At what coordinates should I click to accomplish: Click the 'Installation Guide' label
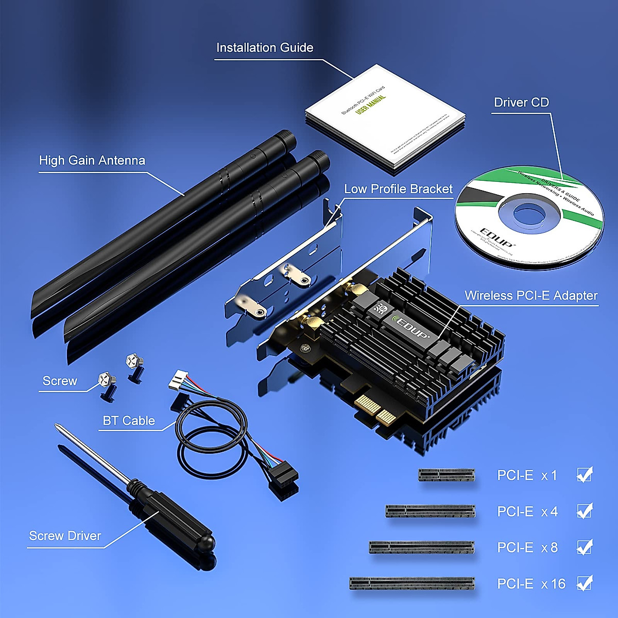tap(264, 48)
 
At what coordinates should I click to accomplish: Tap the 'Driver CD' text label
tap(521, 102)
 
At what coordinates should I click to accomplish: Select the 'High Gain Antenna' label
tap(92, 161)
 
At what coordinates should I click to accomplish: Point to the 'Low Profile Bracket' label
tap(398, 189)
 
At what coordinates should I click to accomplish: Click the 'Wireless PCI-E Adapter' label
tap(531, 296)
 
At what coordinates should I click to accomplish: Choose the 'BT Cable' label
tap(129, 421)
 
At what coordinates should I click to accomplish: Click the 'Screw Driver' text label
tap(65, 536)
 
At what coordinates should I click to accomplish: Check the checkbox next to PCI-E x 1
tap(584, 475)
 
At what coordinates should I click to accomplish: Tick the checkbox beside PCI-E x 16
tap(584, 583)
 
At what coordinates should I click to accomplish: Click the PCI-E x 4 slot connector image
tap(430, 511)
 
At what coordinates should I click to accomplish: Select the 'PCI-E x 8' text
tap(527, 547)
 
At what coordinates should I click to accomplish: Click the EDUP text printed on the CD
tap(496, 237)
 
